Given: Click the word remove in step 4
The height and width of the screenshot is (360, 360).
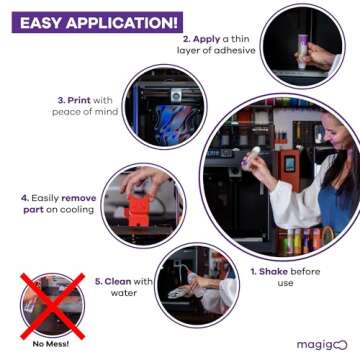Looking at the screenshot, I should click(x=80, y=198).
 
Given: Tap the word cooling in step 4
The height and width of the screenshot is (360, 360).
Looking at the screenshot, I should click(x=76, y=210).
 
